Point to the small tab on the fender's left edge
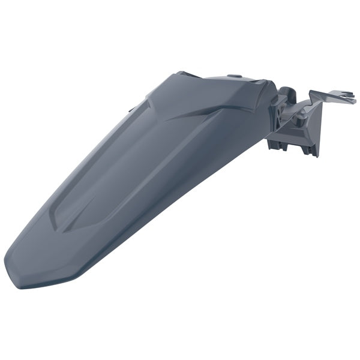pyautogui.click(x=130, y=110)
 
